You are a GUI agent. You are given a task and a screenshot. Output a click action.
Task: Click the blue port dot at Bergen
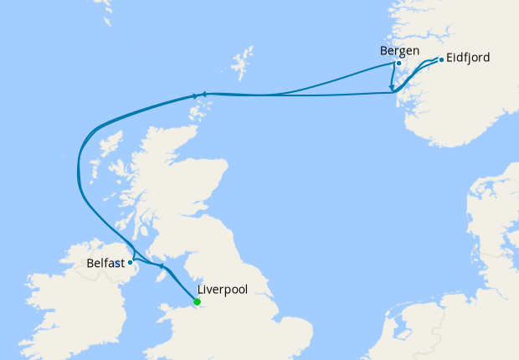(398, 63)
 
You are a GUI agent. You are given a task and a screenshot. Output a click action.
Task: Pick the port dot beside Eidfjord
(441, 59)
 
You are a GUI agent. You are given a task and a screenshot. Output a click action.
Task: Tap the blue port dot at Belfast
(130, 262)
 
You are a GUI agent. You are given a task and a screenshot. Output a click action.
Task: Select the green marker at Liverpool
(197, 301)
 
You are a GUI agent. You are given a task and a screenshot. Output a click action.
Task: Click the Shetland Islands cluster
(244, 64)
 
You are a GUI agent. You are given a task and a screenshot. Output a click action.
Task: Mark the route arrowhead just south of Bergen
(391, 86)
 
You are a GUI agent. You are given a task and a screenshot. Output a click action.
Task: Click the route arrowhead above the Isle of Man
(160, 265)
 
